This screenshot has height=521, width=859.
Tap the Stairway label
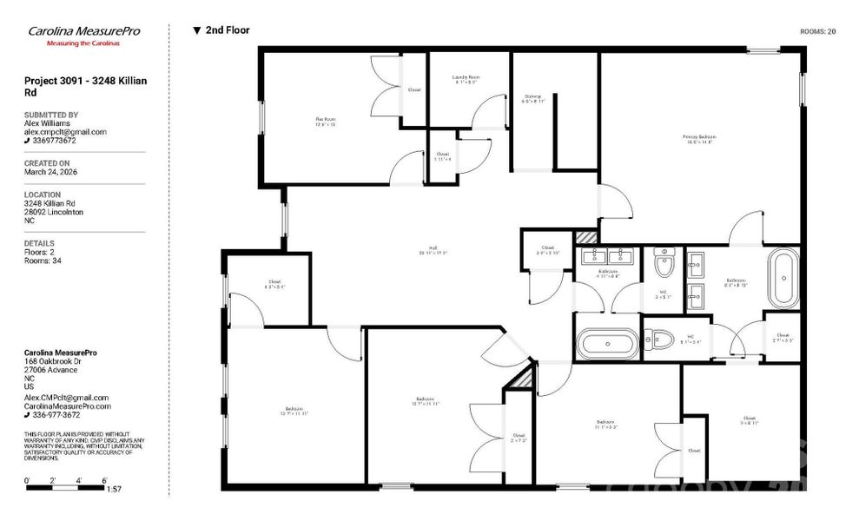coord(533,98)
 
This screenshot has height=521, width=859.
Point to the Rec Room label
coord(325,121)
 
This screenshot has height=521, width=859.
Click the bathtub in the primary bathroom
coord(783,278)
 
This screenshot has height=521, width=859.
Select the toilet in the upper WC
coord(664,260)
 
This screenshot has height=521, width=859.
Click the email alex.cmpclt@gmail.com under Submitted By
coord(65,132)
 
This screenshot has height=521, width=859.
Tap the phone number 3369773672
coord(54,141)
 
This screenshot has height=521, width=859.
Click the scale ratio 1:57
coord(113,490)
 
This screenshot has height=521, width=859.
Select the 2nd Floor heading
coord(228,30)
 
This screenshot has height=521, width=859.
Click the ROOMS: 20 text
coord(817,31)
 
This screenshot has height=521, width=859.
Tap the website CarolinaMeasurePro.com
coord(68,406)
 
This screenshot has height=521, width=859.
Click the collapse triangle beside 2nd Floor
coord(197,30)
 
